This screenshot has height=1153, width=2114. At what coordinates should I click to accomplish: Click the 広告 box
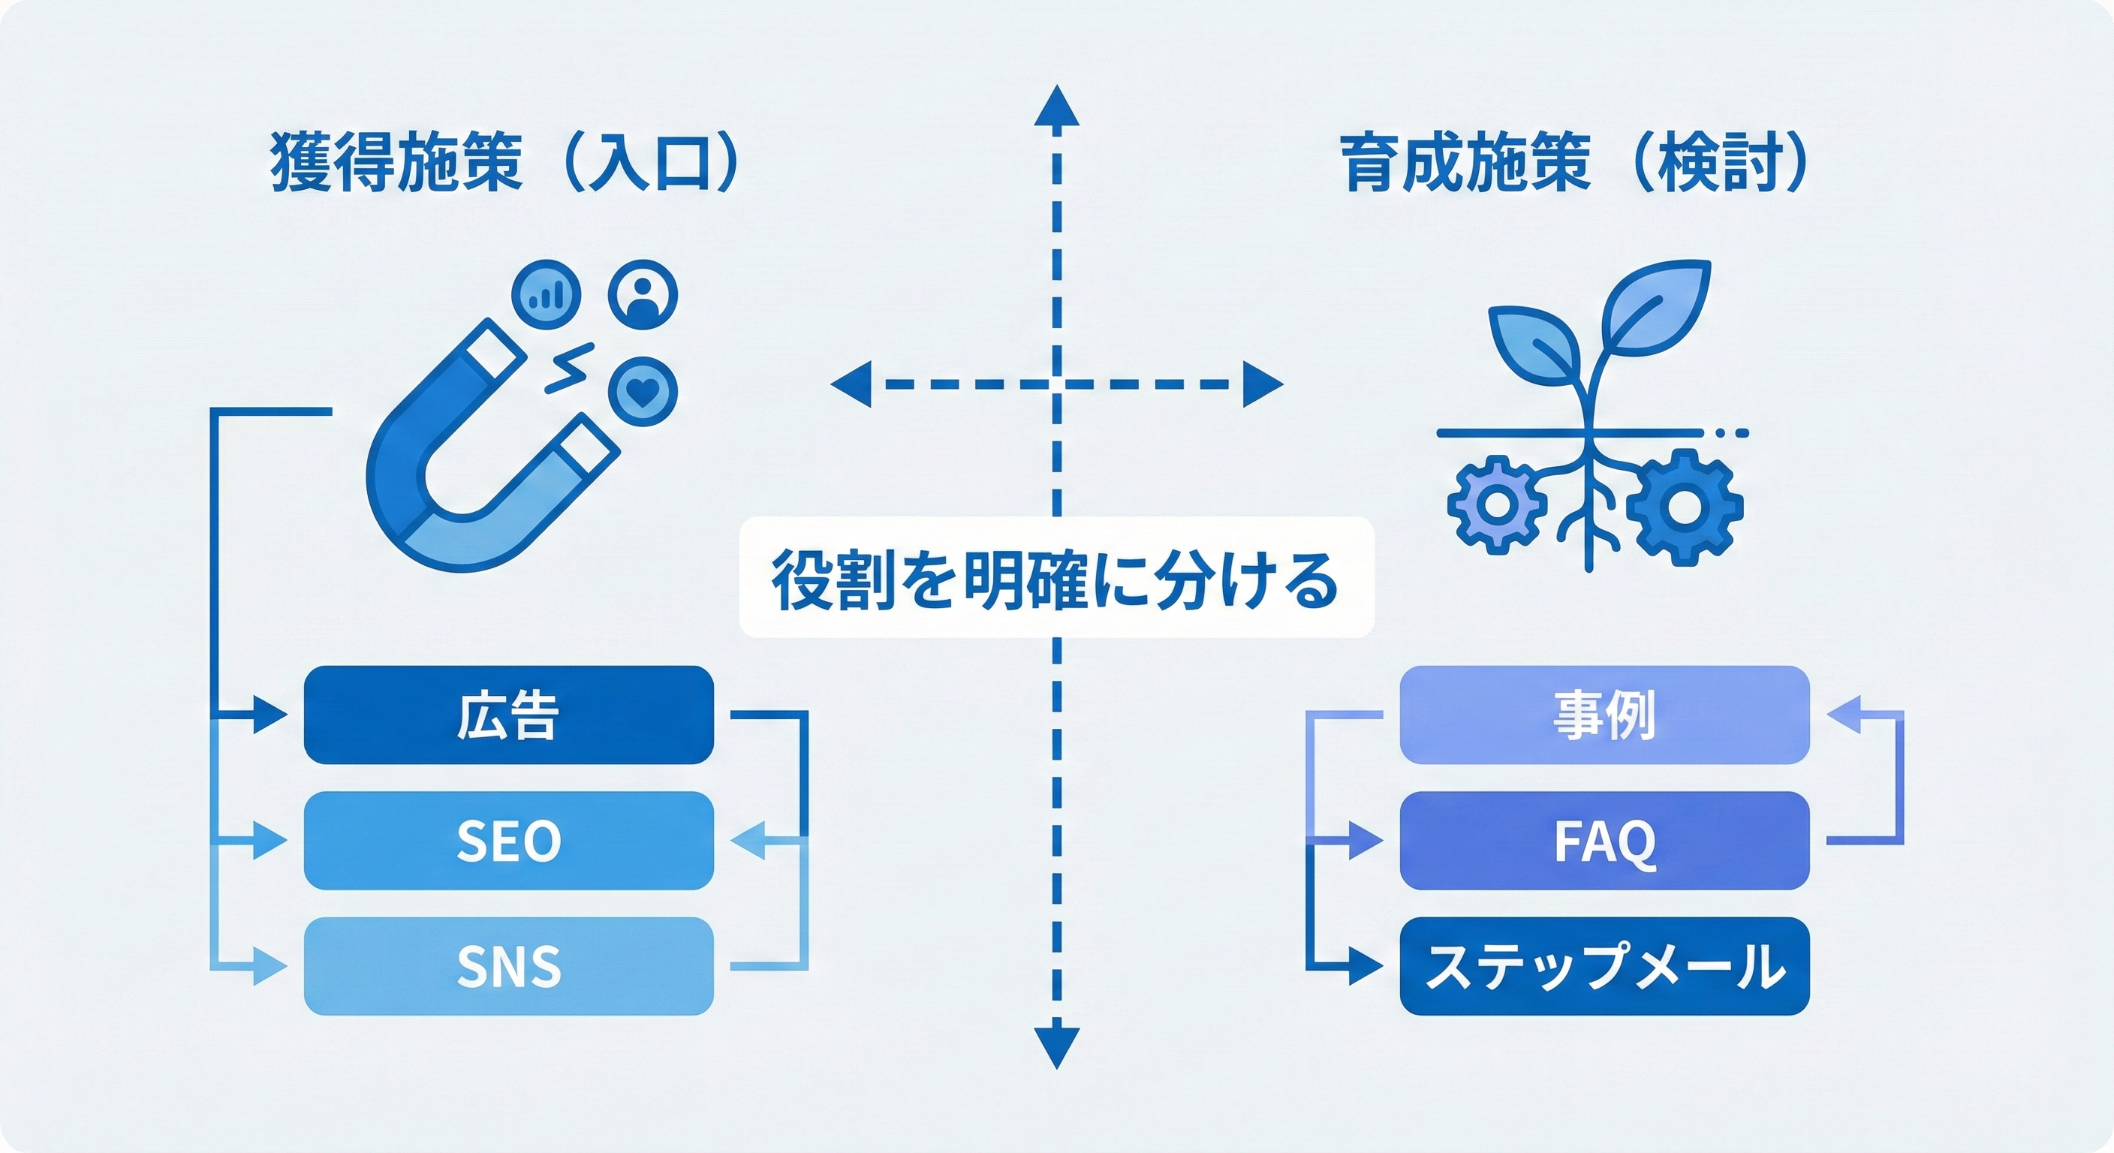pos(509,715)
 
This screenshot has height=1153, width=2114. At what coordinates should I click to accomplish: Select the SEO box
pos(509,840)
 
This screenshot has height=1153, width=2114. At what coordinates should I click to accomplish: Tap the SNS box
pos(509,966)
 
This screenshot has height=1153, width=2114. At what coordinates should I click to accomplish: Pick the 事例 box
pos(1604,715)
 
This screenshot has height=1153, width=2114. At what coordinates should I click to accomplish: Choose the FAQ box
pos(1604,840)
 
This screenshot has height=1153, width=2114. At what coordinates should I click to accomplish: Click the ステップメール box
pos(1604,966)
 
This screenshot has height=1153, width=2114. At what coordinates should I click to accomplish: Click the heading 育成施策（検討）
pos(1576,162)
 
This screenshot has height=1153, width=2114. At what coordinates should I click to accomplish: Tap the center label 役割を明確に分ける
pos(1056,578)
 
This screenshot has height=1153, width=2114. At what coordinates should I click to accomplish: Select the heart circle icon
pos(643,390)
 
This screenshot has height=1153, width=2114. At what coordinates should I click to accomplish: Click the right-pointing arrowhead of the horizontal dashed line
pos(1263,384)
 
